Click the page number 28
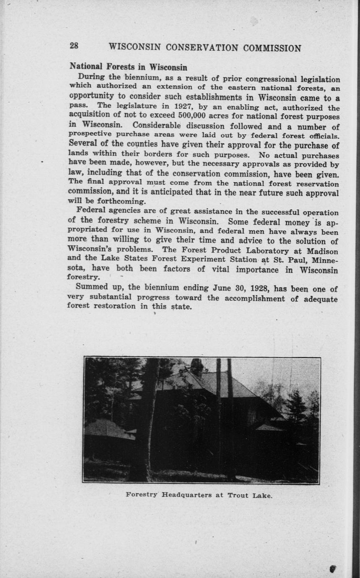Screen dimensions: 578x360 pos(74,46)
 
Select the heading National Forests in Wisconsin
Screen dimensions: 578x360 pos(128,67)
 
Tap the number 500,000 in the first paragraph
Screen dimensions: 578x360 pos(194,116)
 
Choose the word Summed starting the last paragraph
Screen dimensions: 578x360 pos(92,288)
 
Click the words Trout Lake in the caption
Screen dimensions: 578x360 pos(250,495)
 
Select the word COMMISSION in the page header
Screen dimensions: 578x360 pos(272,48)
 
